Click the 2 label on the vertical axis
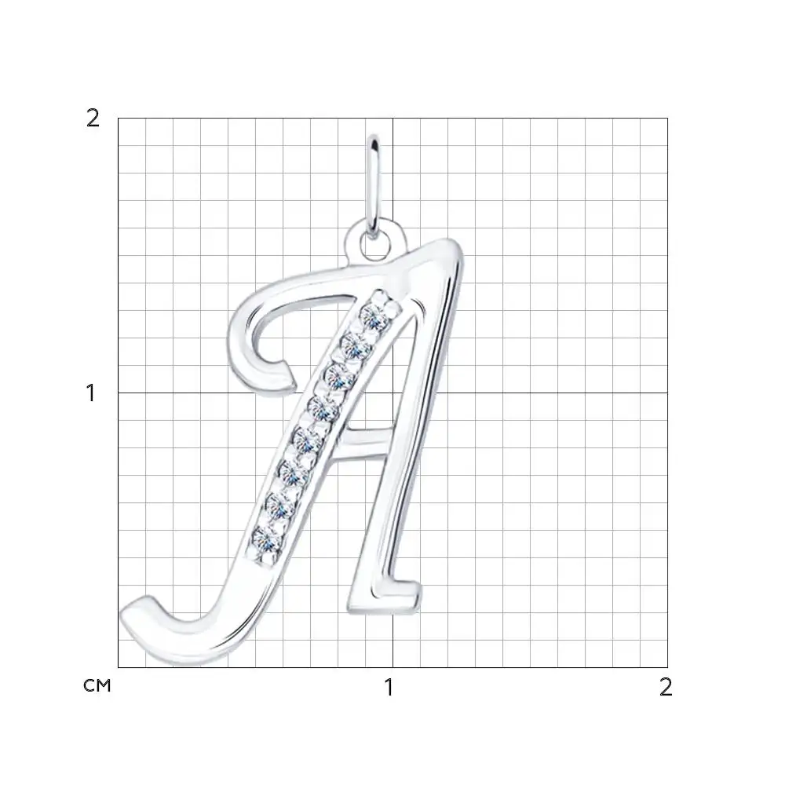pos(93,119)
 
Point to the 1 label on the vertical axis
pos(90,393)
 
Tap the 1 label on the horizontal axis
pos(389,688)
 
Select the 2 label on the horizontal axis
pos(666,688)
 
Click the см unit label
pos(97,685)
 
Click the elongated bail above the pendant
pos(373,186)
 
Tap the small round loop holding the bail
pos(374,240)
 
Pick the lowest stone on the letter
pos(267,540)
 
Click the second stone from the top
pos(356,346)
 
